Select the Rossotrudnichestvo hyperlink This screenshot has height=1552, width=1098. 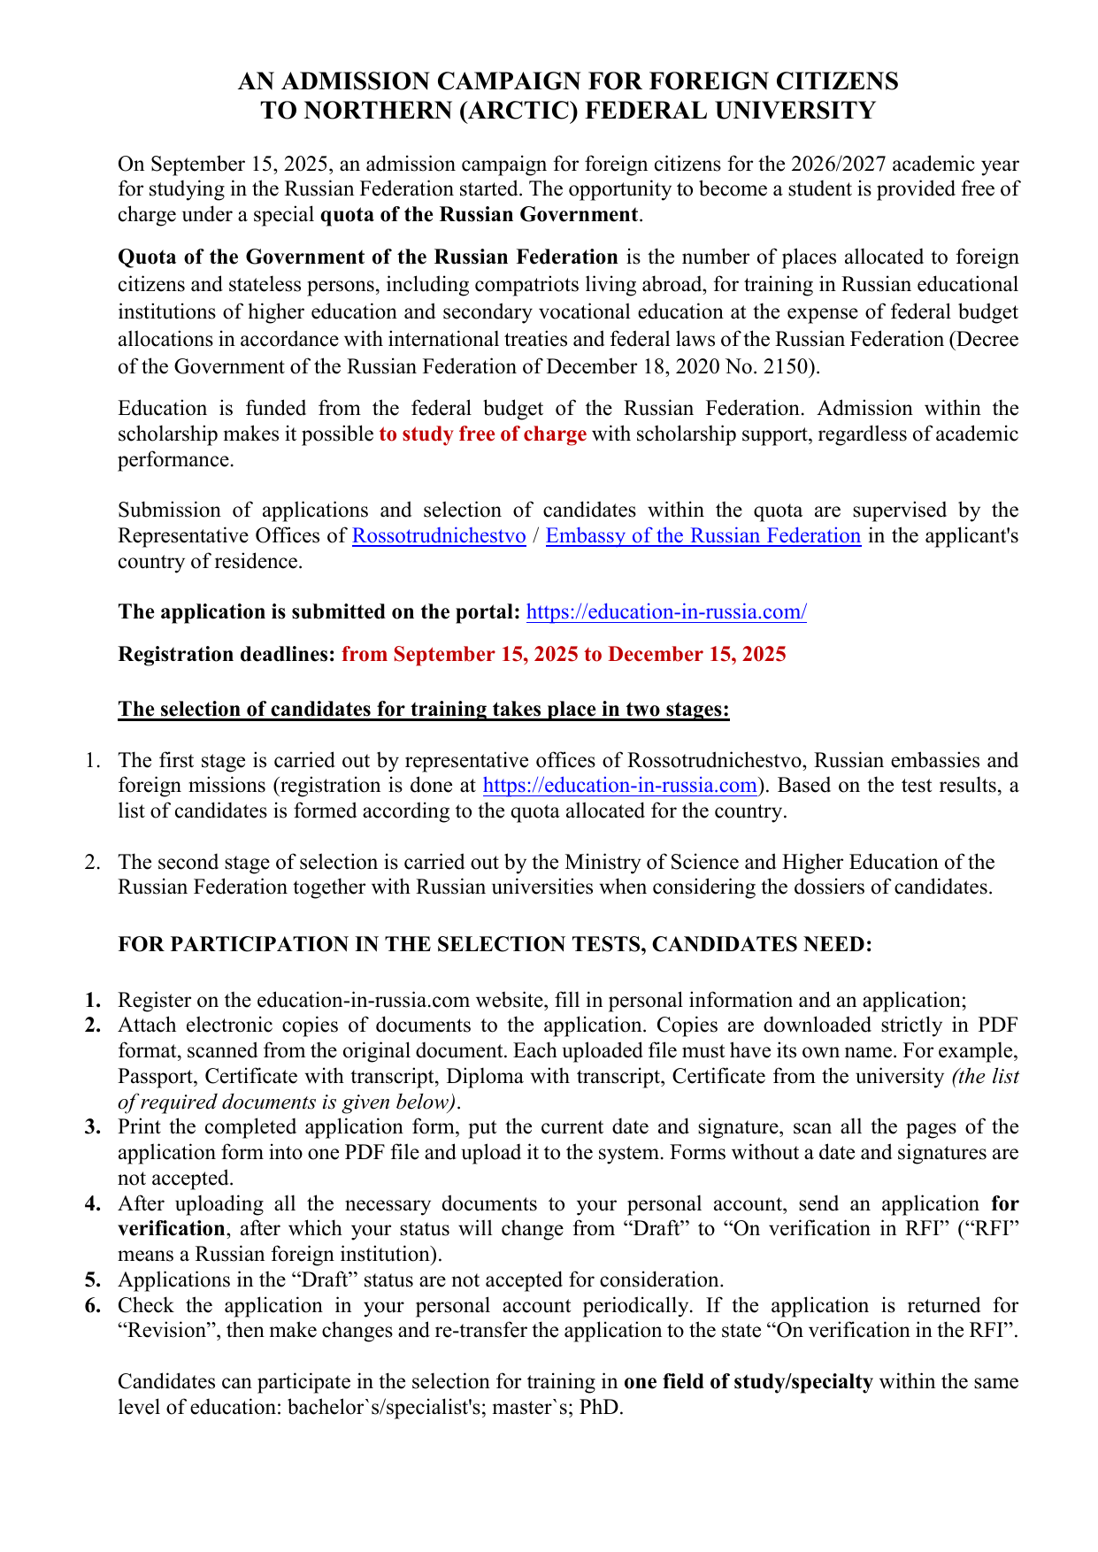(439, 536)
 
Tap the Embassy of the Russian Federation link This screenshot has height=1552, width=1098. (703, 536)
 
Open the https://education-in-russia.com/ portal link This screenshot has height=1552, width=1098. (666, 612)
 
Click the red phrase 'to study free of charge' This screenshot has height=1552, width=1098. (482, 434)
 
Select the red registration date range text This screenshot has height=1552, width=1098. (564, 655)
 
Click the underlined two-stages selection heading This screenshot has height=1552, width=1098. (424, 710)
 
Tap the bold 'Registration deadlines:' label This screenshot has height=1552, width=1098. (227, 655)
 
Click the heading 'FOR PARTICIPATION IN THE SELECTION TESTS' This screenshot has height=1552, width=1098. (495, 945)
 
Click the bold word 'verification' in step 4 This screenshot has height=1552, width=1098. (172, 1229)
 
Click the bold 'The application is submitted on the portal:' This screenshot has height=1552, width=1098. (319, 612)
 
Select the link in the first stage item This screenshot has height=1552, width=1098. (620, 786)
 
